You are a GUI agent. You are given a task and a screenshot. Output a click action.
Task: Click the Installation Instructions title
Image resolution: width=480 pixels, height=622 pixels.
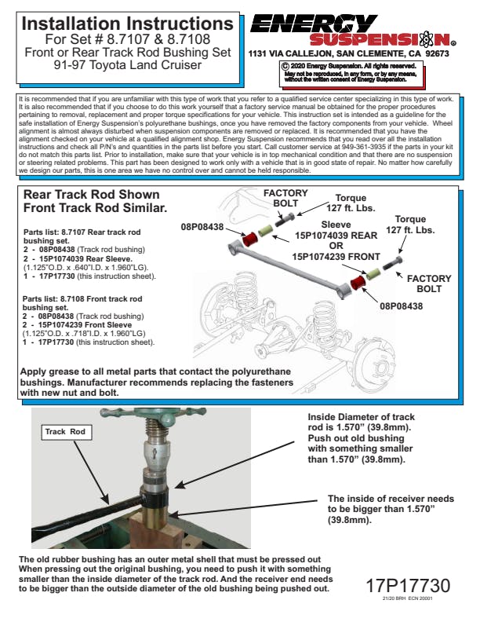(x=127, y=24)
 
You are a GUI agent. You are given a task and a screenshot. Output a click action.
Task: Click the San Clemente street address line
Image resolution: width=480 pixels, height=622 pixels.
(x=348, y=54)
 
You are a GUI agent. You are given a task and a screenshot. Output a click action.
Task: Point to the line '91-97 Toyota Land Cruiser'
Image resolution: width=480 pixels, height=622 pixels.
(x=127, y=64)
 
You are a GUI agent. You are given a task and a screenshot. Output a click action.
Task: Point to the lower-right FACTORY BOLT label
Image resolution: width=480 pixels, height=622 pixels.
(x=429, y=284)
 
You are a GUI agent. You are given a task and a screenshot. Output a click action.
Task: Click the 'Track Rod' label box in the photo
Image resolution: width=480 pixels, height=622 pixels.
(x=67, y=432)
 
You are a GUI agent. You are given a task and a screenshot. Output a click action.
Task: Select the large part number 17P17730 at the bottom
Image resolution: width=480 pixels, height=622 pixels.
(x=408, y=585)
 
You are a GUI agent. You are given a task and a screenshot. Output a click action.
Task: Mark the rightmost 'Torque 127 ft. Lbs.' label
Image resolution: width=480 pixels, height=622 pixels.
(x=410, y=225)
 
